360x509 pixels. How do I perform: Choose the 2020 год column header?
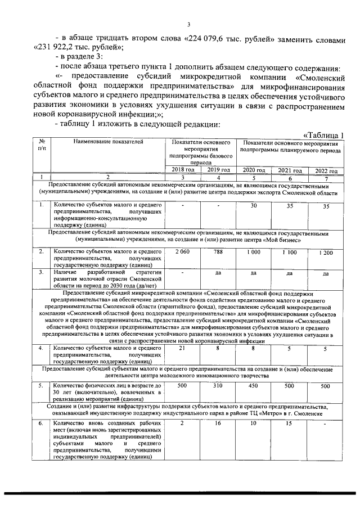coord(254,170)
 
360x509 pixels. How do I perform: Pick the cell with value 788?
coord(218,251)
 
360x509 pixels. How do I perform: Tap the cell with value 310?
coord(218,386)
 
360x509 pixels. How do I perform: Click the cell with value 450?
coord(254,386)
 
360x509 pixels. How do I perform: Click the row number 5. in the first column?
coord(41,386)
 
